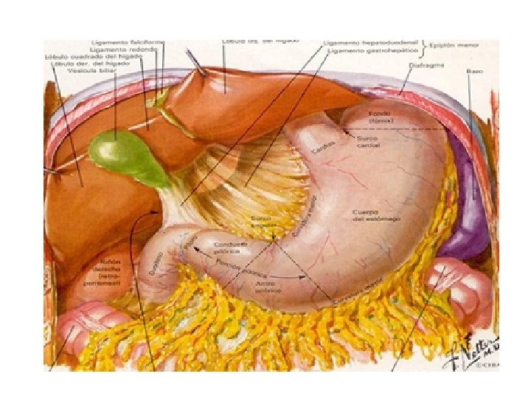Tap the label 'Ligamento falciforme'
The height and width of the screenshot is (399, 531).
118,41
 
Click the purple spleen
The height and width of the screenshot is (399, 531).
465,222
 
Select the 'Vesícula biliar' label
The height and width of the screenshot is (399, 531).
93,70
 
